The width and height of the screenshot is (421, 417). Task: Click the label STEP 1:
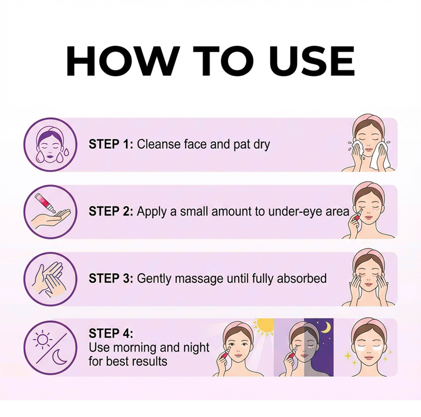click(x=111, y=144)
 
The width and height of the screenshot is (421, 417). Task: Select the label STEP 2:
click(x=111, y=211)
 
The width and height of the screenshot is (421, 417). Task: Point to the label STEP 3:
click(x=111, y=278)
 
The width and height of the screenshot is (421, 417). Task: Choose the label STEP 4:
click(x=111, y=334)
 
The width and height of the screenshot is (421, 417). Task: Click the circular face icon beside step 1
click(x=50, y=144)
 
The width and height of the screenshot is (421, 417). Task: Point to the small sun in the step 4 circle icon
click(x=42, y=339)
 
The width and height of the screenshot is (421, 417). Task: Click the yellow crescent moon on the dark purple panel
click(x=326, y=327)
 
